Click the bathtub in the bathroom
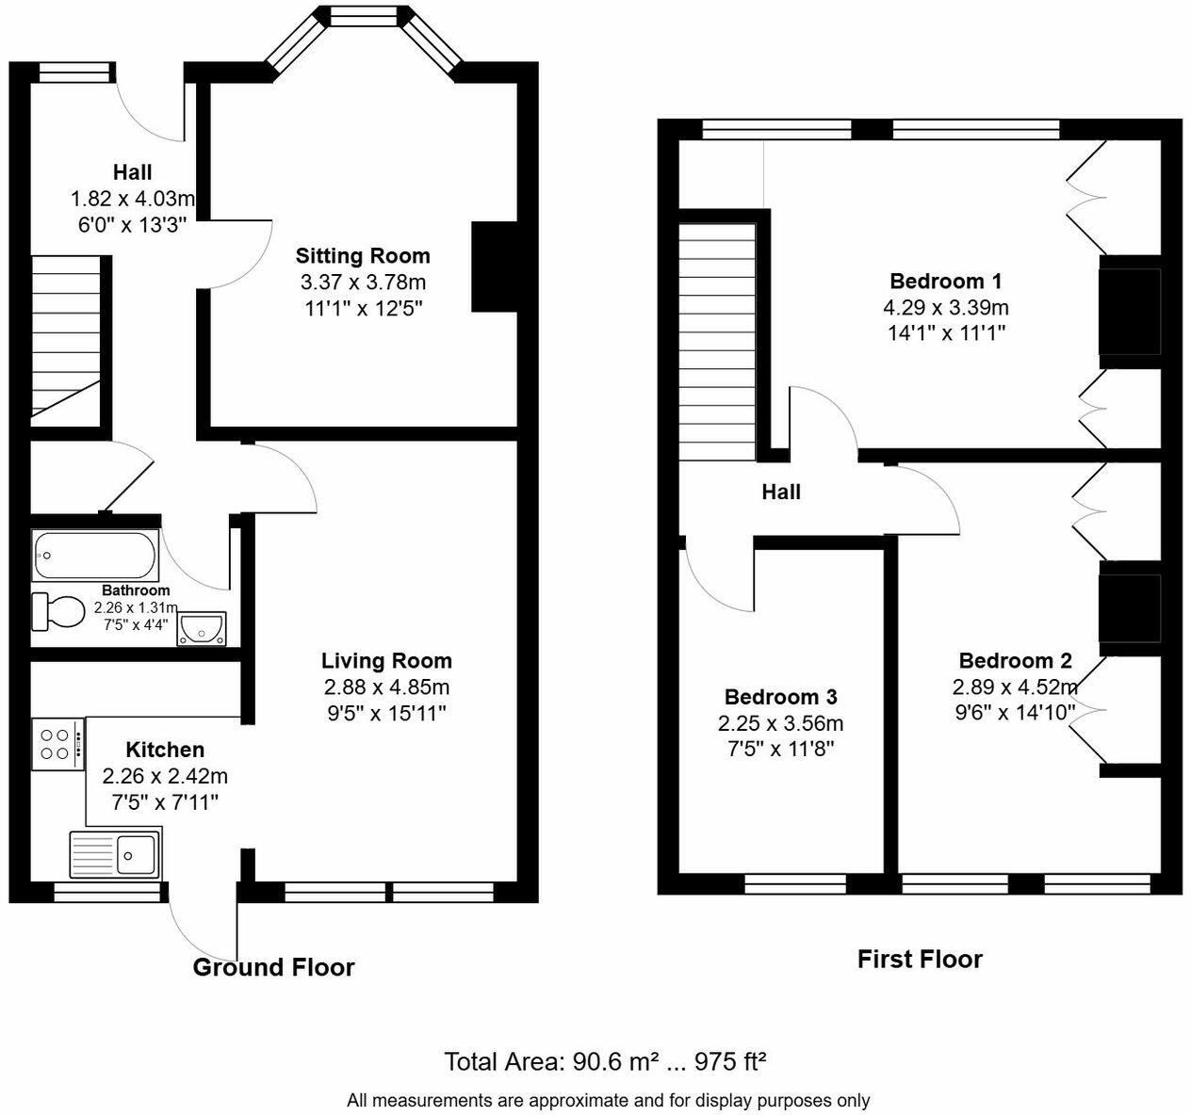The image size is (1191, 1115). [94, 556]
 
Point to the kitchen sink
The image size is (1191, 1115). [115, 853]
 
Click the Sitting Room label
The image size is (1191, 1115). [363, 255]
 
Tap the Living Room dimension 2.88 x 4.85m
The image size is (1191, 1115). [386, 687]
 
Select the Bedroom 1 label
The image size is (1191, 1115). [945, 281]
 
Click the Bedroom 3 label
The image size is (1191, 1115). [780, 697]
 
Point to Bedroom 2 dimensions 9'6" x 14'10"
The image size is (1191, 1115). [1015, 712]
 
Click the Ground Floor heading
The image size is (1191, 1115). [273, 967]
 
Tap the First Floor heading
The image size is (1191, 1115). [920, 959]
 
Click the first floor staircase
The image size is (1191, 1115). [717, 339]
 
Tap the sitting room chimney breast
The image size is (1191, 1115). [495, 267]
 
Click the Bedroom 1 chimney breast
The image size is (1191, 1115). [1129, 311]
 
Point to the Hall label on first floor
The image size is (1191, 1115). [781, 492]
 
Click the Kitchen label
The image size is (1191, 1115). [165, 750]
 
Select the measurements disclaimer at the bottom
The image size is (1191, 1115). [608, 1100]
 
